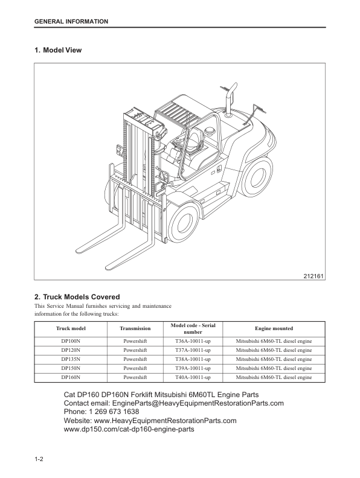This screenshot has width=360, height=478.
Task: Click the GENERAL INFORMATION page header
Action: tap(71, 22)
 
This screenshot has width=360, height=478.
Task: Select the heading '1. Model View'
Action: tap(58, 50)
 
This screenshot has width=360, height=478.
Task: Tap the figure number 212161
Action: tap(313, 276)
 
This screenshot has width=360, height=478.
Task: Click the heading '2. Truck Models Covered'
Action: tap(77, 297)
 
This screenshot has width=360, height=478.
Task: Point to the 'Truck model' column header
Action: tap(71, 328)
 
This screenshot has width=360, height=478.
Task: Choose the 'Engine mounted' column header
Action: tap(274, 328)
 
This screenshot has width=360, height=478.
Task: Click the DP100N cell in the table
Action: tap(71, 341)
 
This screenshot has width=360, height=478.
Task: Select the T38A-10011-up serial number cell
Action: tap(193, 359)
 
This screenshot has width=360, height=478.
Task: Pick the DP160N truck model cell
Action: tap(71, 377)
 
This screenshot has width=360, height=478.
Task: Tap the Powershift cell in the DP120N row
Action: tap(135, 350)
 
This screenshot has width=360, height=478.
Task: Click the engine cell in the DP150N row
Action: tap(274, 368)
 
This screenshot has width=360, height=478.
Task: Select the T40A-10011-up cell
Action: tap(193, 377)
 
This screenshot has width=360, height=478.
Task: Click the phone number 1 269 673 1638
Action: tap(114, 412)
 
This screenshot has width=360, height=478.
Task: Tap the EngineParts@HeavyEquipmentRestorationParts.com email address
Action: tap(198, 403)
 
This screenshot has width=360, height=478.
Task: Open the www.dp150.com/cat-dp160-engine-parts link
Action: tap(129, 429)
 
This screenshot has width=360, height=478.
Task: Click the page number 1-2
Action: tap(39, 459)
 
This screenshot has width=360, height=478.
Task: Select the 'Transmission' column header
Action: tap(135, 328)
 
